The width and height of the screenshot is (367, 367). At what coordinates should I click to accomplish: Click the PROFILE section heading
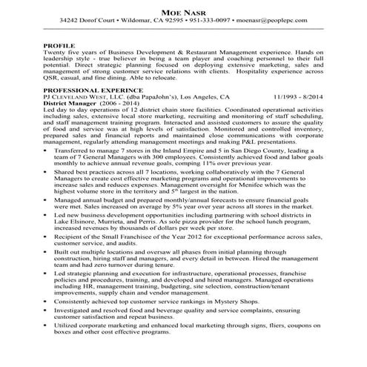click(x=60, y=46)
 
